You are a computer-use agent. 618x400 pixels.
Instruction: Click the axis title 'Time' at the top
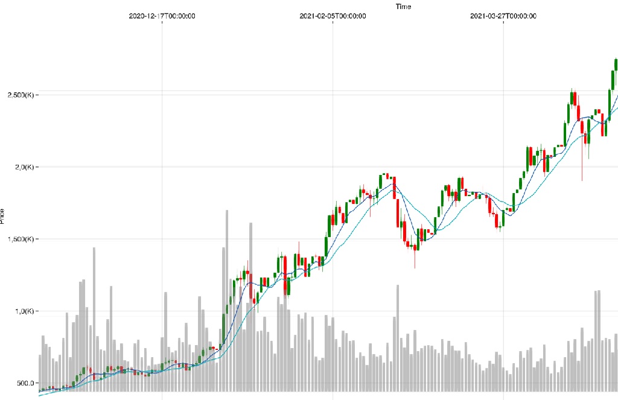pyautogui.click(x=403, y=6)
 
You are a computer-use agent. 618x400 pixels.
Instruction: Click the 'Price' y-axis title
pyautogui.click(x=3, y=215)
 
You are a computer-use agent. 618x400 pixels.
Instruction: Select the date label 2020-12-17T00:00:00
pyautogui.click(x=162, y=16)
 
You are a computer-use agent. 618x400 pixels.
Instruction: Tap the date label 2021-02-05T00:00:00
pyautogui.click(x=333, y=16)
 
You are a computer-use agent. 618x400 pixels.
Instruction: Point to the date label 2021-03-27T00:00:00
pyautogui.click(x=503, y=16)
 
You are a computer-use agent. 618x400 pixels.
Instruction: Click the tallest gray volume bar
pyautogui.click(x=227, y=302)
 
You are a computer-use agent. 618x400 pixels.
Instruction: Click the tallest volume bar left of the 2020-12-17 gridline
pyautogui.click(x=94, y=320)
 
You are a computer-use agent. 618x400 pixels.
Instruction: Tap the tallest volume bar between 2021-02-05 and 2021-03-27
pyautogui.click(x=398, y=338)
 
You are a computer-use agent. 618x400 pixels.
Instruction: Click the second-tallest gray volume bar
pyautogui.click(x=250, y=308)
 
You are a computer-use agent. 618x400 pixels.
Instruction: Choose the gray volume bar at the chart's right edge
pyautogui.click(x=616, y=362)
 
